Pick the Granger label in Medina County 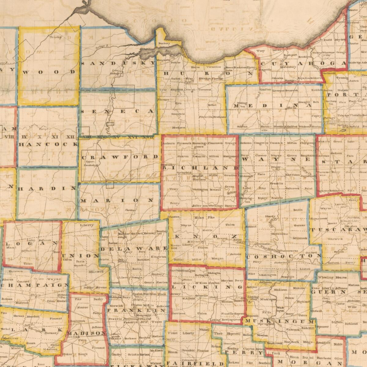pyautogui.click(x=305, y=102)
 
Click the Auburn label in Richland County pyautogui.click(x=169, y=143)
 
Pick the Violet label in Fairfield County pyautogui.click(x=172, y=333)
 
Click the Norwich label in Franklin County pyautogui.click(x=116, y=306)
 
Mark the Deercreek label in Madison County pyautogui.click(x=77, y=321)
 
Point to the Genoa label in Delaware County pyautogui.click(x=149, y=282)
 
